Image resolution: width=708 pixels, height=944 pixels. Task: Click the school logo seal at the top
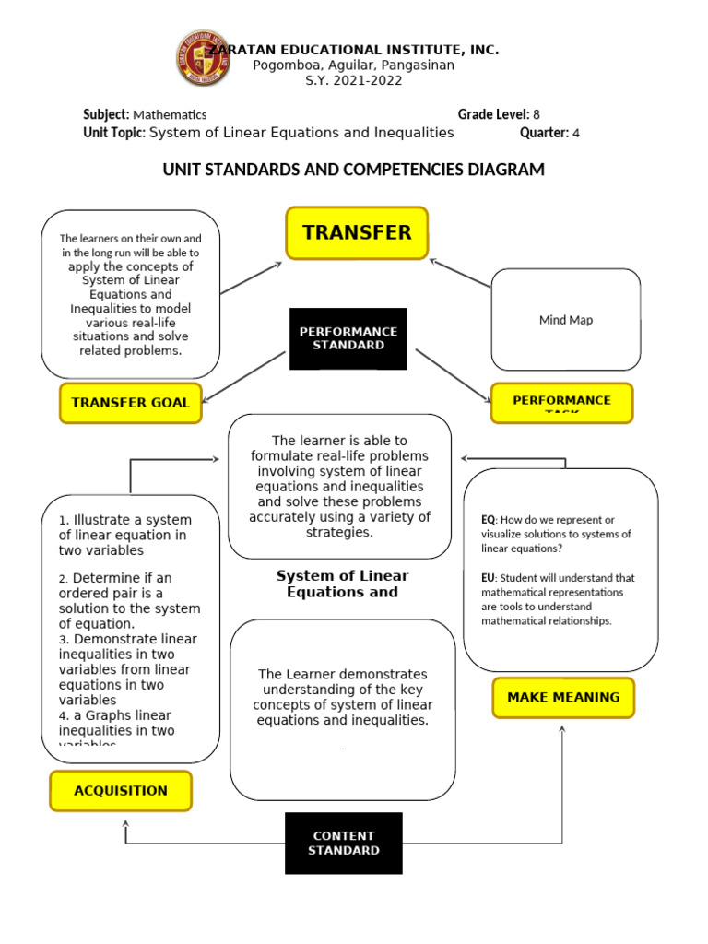coord(204,59)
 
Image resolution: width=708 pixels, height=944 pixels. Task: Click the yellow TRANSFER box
coord(357,232)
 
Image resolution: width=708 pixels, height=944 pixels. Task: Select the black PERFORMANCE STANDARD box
coord(348,338)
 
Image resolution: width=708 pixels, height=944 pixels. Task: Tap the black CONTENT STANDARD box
coord(343,843)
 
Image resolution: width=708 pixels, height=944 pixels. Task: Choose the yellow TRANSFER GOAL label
coord(130,402)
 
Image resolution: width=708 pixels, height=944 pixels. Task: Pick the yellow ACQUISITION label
coord(121,790)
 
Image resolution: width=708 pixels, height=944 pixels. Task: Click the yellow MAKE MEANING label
coord(563,697)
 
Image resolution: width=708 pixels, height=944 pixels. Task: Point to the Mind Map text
coord(566,320)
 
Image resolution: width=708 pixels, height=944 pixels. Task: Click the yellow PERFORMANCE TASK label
coord(561,402)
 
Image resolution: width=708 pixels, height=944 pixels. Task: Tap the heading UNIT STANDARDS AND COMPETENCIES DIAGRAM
coord(353,170)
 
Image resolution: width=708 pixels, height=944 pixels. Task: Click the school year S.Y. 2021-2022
coord(354,80)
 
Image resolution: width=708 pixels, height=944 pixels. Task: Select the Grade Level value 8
coord(536,115)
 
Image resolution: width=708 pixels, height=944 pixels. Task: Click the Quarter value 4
coord(575,133)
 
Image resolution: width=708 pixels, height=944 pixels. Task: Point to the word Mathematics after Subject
coord(170,115)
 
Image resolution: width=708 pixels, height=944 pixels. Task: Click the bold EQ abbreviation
coord(488,520)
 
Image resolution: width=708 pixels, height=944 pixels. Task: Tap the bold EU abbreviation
coord(488,578)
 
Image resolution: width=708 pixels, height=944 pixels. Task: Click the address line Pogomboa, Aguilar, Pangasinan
coord(354,65)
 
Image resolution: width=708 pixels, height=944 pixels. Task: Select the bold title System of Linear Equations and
coord(342,584)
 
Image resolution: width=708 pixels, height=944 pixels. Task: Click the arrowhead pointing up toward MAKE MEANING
coord(562,729)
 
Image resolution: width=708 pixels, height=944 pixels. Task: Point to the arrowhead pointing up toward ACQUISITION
coord(126,826)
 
